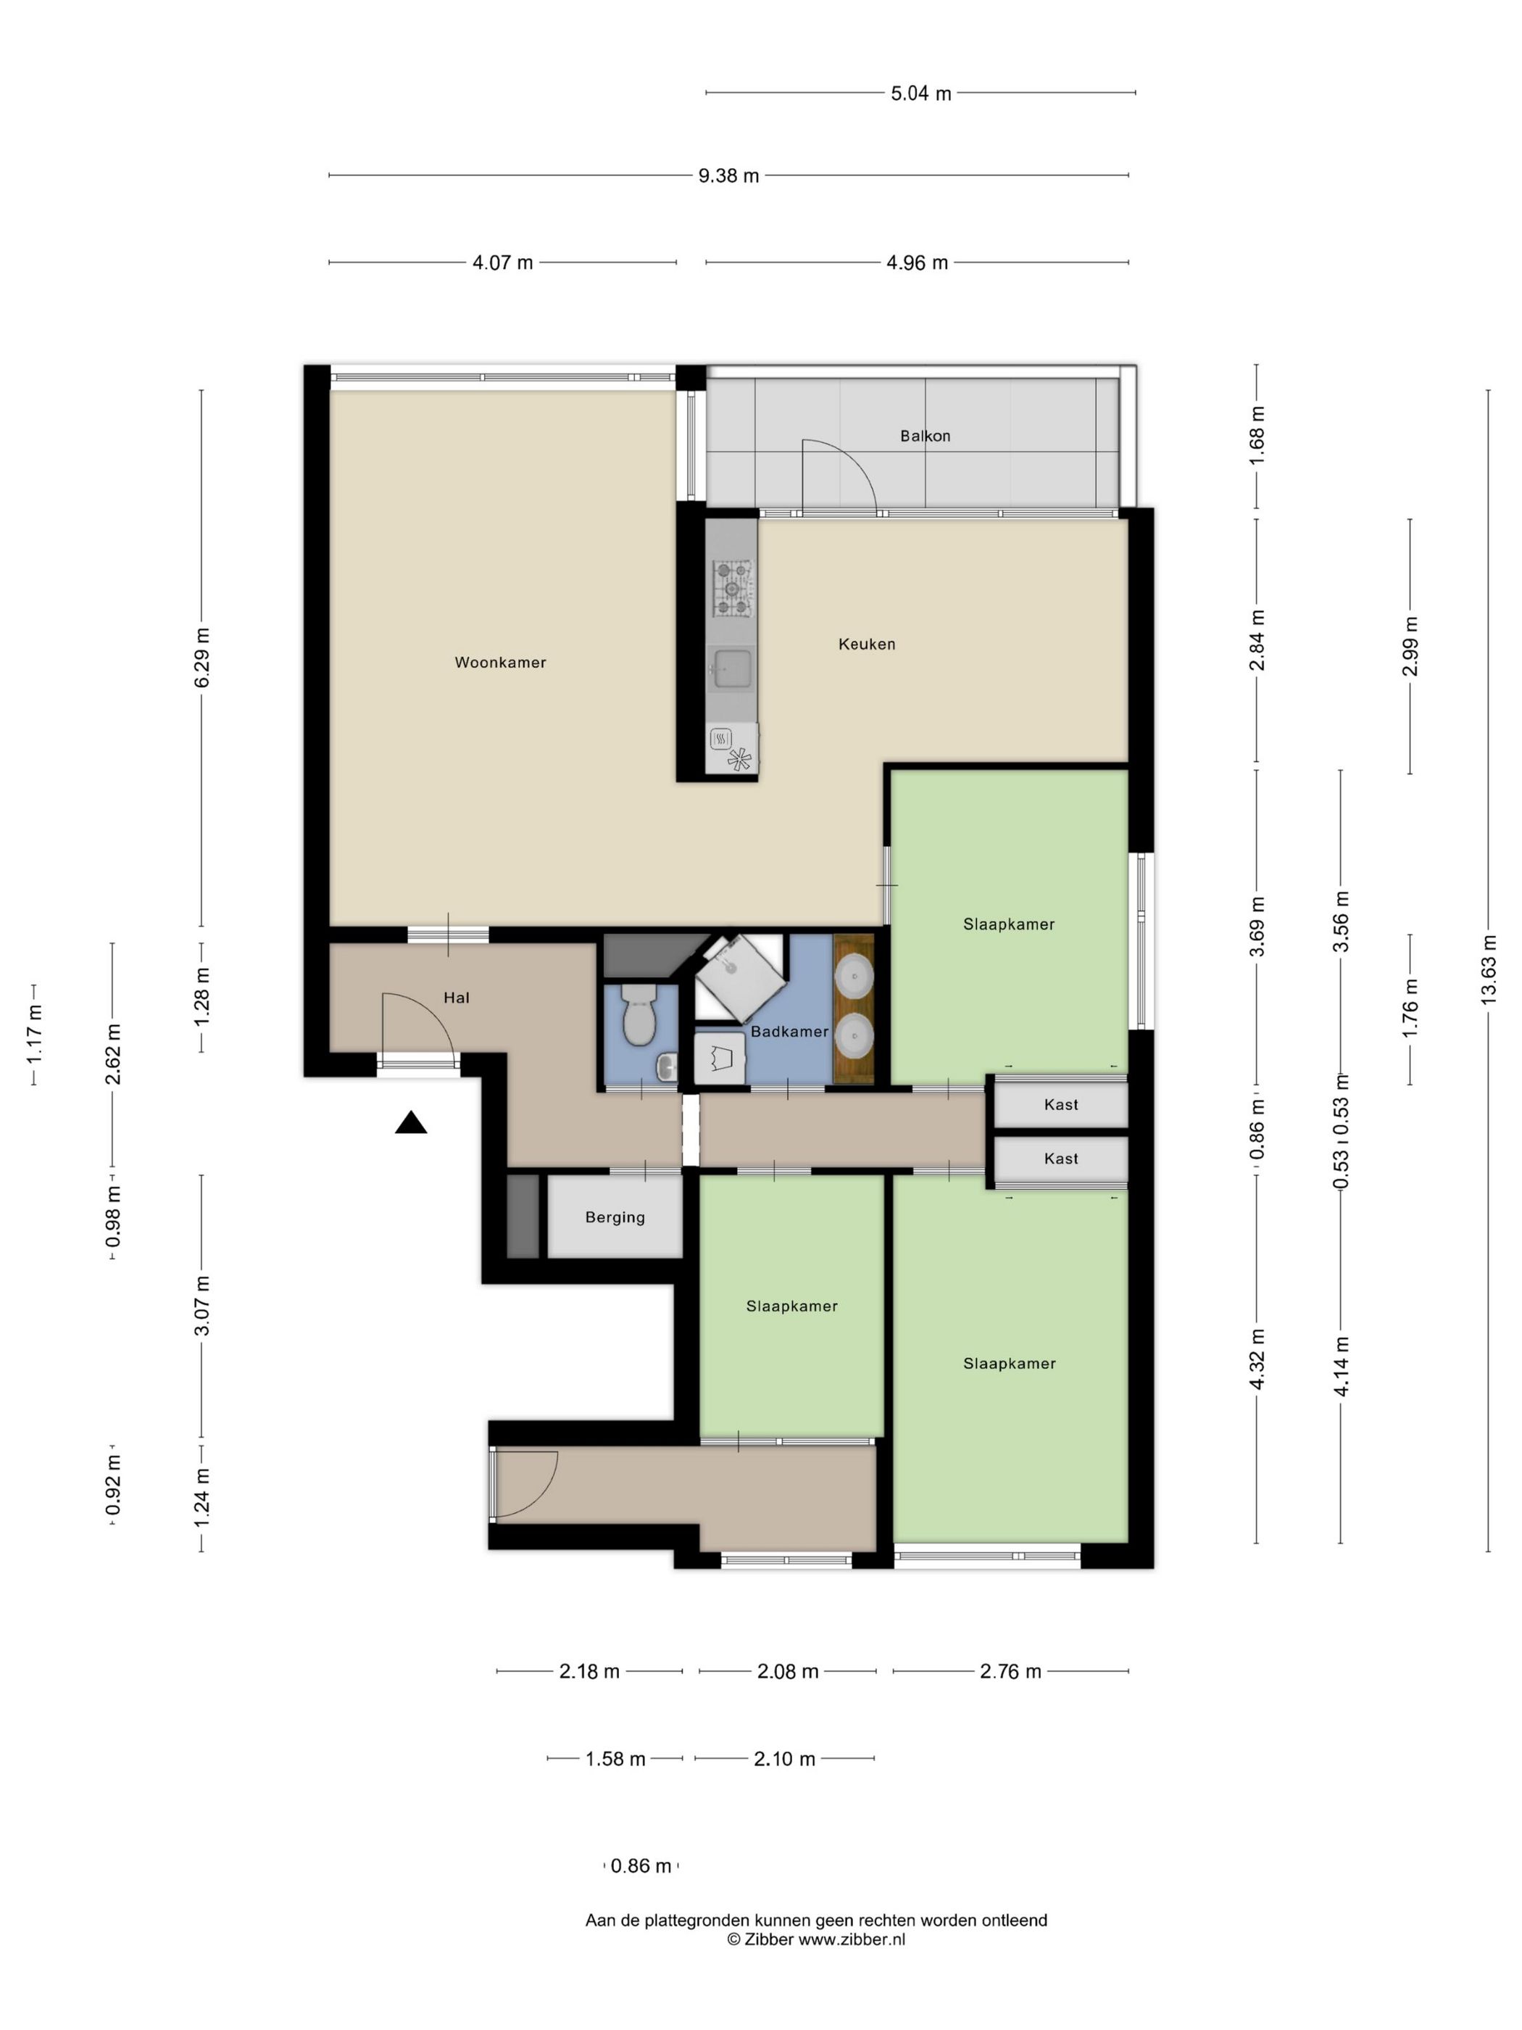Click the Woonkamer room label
click(x=500, y=663)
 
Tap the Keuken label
click(x=866, y=645)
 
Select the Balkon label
click(x=925, y=436)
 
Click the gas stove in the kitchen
click(x=732, y=587)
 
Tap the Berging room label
click(x=615, y=1218)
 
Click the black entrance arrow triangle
click(x=411, y=1122)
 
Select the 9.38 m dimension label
click(x=728, y=175)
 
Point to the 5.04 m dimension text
click(x=921, y=93)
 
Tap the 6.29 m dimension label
click(x=201, y=657)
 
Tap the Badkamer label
click(x=789, y=1032)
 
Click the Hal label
click(x=456, y=998)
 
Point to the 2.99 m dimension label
click(x=1410, y=646)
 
